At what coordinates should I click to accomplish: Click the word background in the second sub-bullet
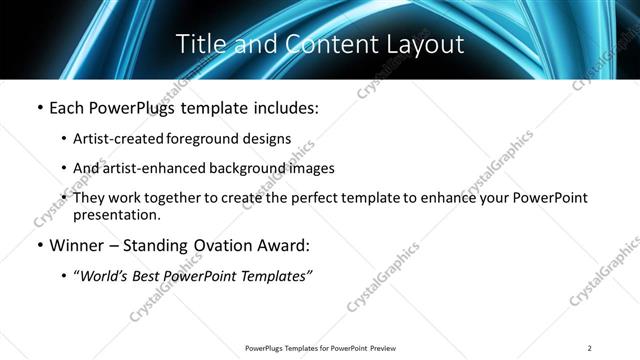coord(241,168)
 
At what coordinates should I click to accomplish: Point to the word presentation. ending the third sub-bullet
coord(116,215)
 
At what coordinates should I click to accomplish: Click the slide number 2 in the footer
coord(590,348)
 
